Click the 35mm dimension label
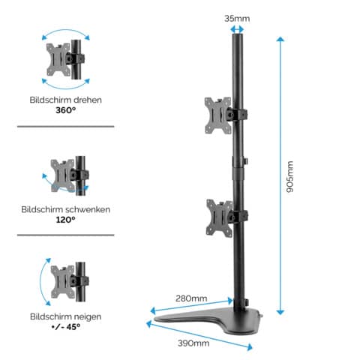237,17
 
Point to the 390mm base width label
193,343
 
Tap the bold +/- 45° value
65,328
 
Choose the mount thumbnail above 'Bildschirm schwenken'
65,173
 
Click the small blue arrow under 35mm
237,29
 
